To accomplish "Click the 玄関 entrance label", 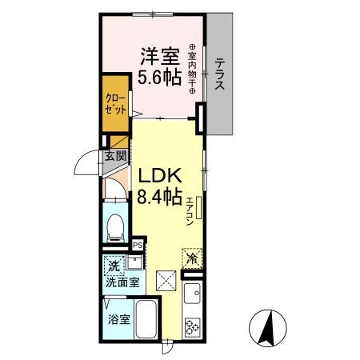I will [x=114, y=156].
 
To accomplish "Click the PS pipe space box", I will [x=138, y=246].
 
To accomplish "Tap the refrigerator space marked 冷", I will [x=192, y=257].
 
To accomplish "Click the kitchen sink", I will [x=192, y=298].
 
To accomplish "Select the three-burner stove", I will [x=193, y=327].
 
